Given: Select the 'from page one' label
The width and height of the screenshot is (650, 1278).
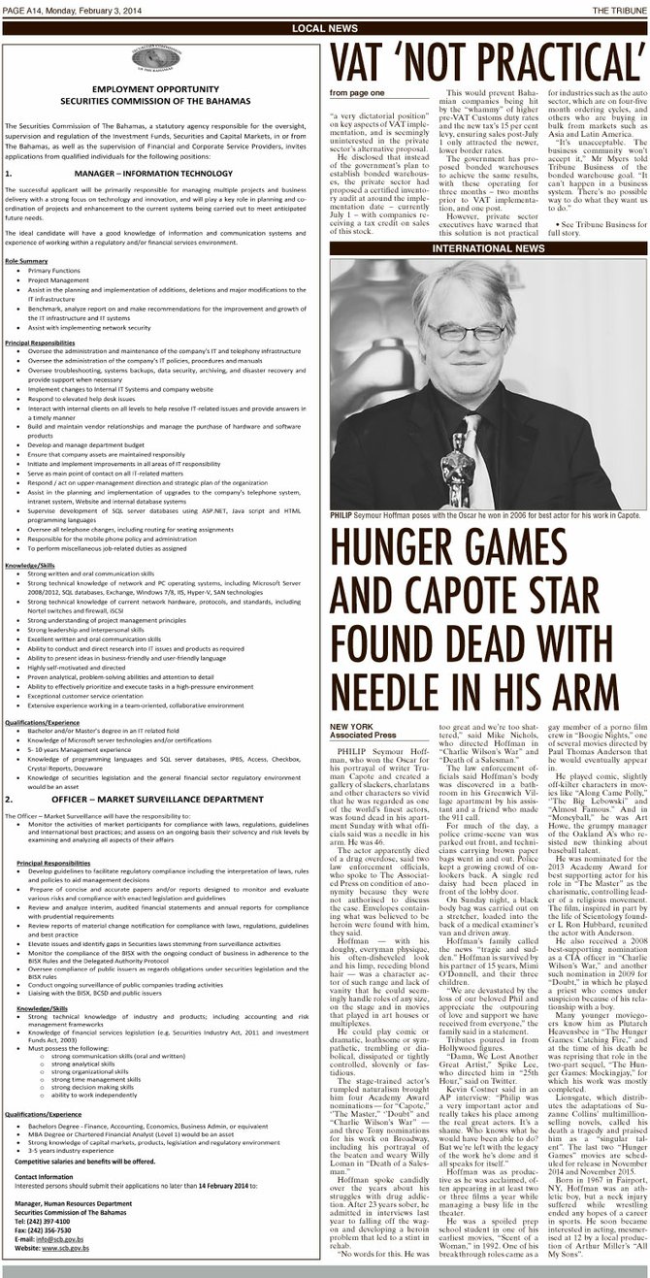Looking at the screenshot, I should [x=357, y=93].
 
